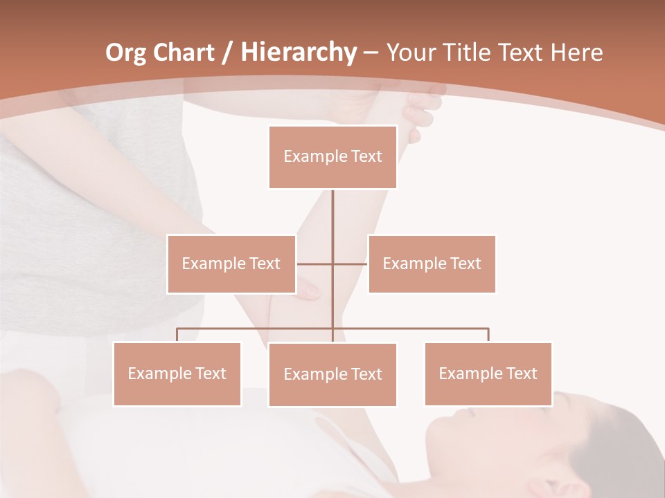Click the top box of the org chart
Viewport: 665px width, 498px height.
point(332,157)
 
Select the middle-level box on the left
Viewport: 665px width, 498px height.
point(231,264)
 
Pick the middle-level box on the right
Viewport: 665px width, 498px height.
point(432,264)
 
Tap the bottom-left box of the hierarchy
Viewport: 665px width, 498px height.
point(177,373)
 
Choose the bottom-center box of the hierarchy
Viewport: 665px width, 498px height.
point(332,374)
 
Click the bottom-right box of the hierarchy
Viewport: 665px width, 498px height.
point(488,373)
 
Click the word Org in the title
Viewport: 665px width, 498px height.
point(126,53)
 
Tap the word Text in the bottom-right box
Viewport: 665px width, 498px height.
point(522,373)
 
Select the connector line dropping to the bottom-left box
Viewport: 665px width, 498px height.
point(177,335)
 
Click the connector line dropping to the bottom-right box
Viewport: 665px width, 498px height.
point(488,335)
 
